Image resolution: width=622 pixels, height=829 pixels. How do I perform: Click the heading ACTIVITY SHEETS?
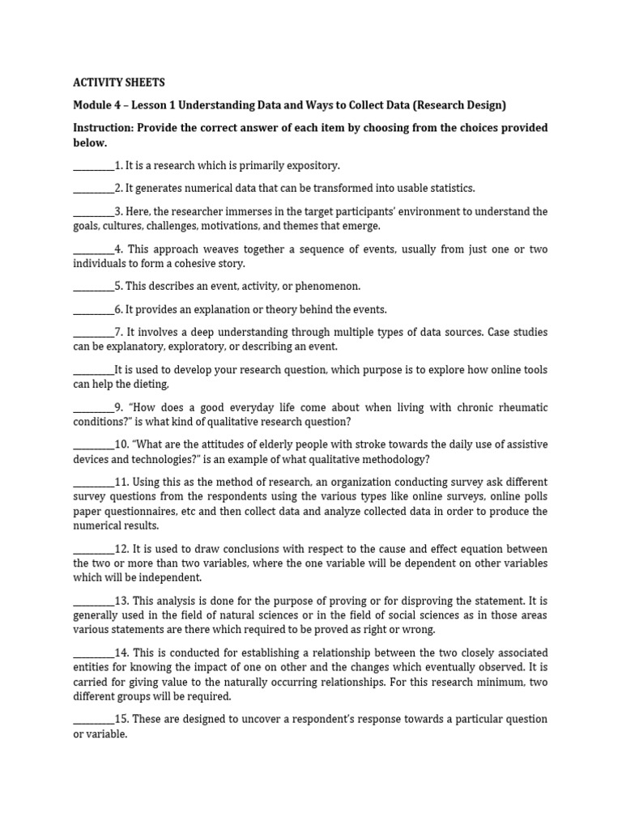point(118,83)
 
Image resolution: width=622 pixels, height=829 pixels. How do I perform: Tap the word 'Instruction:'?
point(104,128)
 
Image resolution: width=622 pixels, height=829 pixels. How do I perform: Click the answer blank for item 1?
point(93,165)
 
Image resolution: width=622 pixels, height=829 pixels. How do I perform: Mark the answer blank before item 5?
point(93,286)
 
